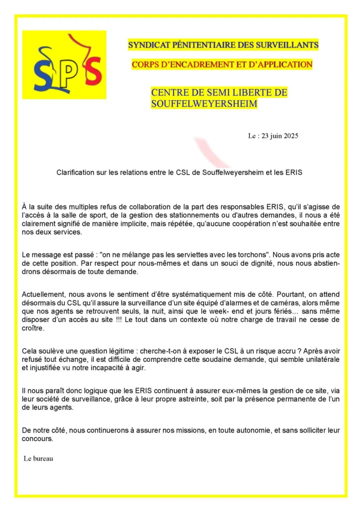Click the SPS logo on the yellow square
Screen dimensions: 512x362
(x=64, y=65)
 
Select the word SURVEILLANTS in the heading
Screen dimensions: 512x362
(x=292, y=45)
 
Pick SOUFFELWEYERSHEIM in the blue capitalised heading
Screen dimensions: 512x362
(x=204, y=104)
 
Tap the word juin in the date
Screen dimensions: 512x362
(x=271, y=136)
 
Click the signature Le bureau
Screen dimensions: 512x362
(x=38, y=458)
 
